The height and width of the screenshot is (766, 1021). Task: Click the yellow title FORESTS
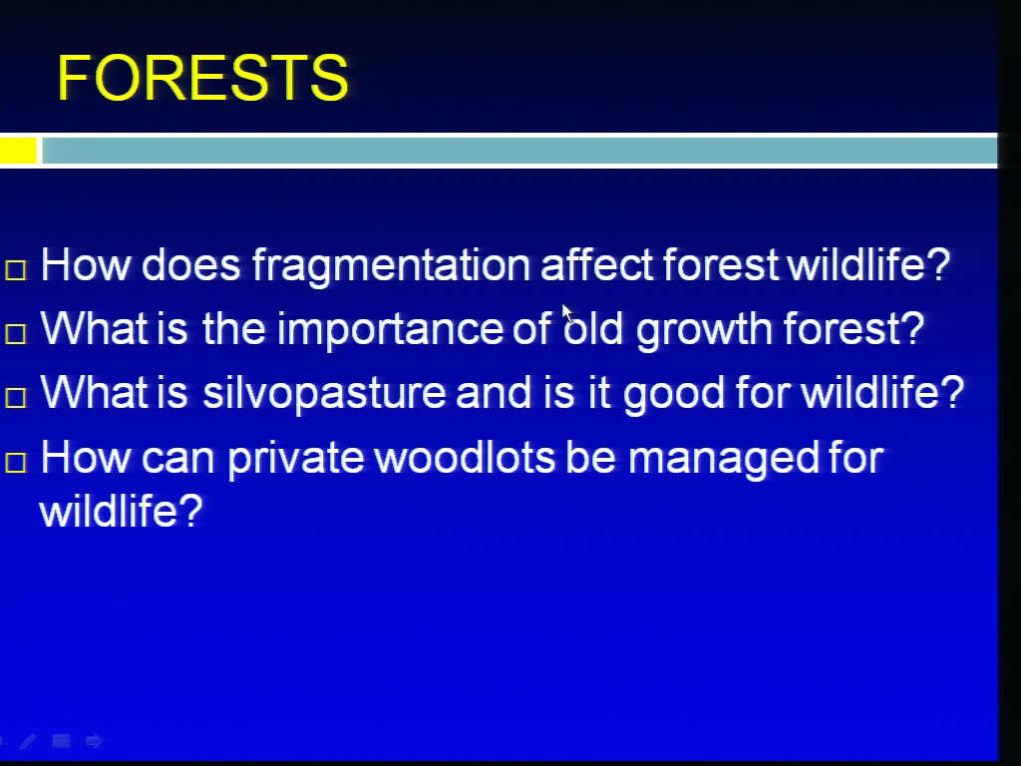pyautogui.click(x=202, y=78)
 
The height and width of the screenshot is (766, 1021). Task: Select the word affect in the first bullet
pyautogui.click(x=596, y=264)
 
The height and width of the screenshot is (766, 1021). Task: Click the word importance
pyautogui.click(x=390, y=330)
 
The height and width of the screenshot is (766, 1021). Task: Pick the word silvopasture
pyautogui.click(x=324, y=394)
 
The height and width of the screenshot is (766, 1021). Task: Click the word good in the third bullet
pyautogui.click(x=673, y=394)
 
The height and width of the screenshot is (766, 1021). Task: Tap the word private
pyautogui.click(x=295, y=459)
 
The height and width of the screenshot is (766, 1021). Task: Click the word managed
pyautogui.click(x=723, y=459)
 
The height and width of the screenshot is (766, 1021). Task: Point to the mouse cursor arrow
pyautogui.click(x=567, y=314)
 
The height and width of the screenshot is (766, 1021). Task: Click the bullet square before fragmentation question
pyautogui.click(x=16, y=270)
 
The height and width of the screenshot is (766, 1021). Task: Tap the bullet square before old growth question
pyautogui.click(x=16, y=333)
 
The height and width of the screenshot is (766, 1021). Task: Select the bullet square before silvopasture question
pyautogui.click(x=16, y=397)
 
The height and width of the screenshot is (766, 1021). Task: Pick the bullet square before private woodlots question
pyautogui.click(x=16, y=463)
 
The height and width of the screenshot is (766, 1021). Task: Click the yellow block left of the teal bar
pyautogui.click(x=18, y=151)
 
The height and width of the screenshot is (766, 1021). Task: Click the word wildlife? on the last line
pyautogui.click(x=121, y=511)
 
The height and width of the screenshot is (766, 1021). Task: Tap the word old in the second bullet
pyautogui.click(x=593, y=328)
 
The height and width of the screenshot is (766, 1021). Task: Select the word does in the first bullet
pyautogui.click(x=190, y=264)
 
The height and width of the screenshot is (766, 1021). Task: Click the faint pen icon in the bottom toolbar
pyautogui.click(x=28, y=741)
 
